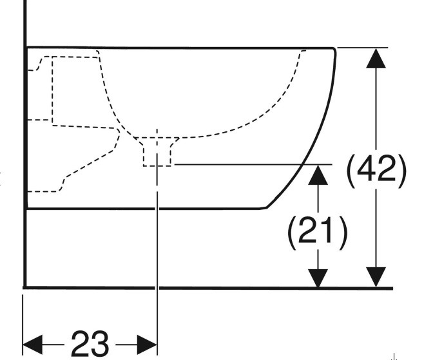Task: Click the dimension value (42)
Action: click(x=377, y=171)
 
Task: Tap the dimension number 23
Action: click(x=90, y=344)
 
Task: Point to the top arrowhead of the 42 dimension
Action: click(x=376, y=59)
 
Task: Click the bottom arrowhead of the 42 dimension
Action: click(x=376, y=277)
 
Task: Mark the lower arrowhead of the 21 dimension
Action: click(x=317, y=277)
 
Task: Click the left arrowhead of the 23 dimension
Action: click(x=34, y=343)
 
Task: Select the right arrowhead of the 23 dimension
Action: click(x=147, y=343)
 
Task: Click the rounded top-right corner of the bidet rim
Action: click(x=333, y=52)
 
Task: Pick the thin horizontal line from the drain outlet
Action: click(x=251, y=164)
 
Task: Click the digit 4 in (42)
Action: click(x=368, y=171)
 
